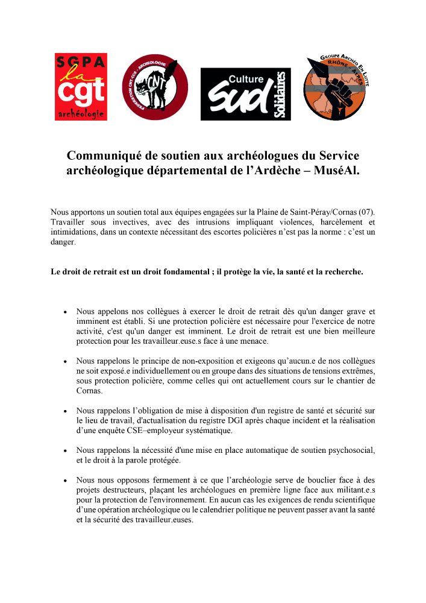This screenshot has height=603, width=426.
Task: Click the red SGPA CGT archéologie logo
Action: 81,86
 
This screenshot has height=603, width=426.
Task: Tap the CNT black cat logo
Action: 155,87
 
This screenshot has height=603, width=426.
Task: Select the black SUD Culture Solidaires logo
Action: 245,94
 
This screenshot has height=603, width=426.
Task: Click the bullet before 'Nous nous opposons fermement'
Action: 64,480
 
